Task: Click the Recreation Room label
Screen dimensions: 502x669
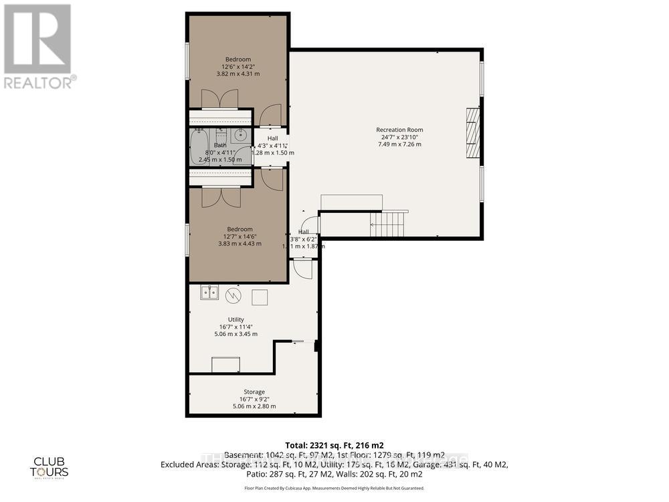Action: click(x=399, y=130)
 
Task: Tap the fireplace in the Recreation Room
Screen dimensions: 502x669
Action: click(x=473, y=133)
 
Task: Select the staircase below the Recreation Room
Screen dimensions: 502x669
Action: click(x=389, y=224)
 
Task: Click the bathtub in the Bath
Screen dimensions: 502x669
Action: click(x=199, y=147)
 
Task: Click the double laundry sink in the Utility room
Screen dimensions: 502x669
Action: click(x=209, y=292)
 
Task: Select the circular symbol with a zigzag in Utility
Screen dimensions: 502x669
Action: click(x=233, y=295)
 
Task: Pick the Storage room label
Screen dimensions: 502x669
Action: click(x=254, y=392)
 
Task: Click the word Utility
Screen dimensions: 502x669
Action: click(x=235, y=319)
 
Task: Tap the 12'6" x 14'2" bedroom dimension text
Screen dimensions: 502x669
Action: click(x=238, y=66)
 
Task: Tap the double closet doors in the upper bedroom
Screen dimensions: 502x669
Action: click(x=219, y=99)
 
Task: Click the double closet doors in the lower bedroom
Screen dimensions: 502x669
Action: click(x=221, y=197)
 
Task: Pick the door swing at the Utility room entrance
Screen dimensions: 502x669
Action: click(x=303, y=268)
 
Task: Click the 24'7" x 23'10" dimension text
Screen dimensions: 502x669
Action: click(x=399, y=138)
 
